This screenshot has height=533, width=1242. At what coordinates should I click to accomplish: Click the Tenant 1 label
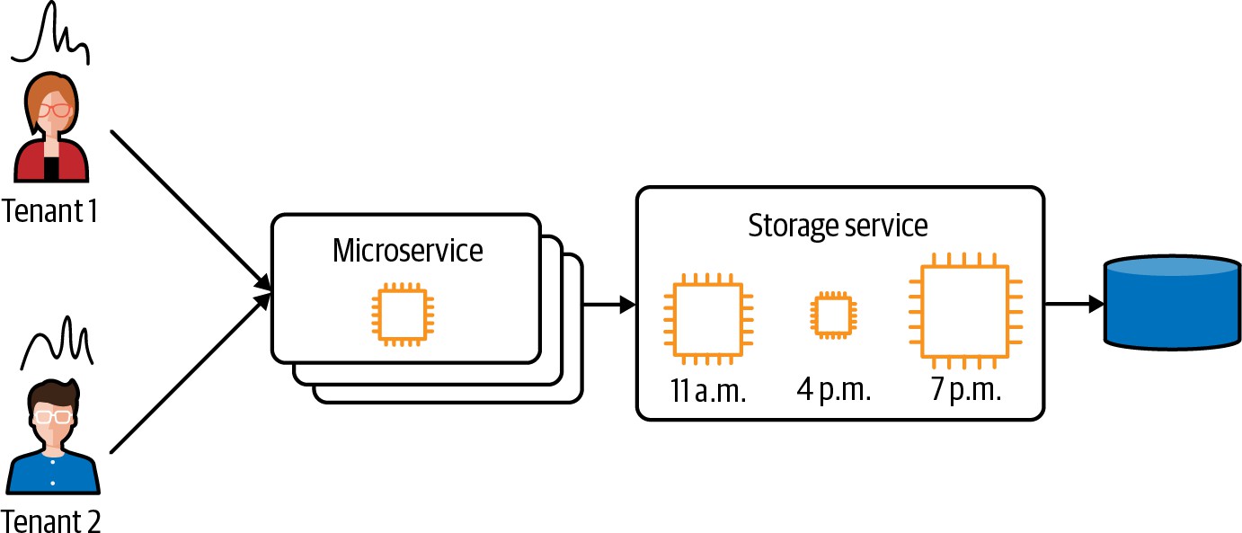[x=49, y=212]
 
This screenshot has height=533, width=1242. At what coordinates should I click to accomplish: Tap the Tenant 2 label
[x=51, y=520]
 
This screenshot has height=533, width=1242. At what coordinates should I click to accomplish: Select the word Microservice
[x=407, y=250]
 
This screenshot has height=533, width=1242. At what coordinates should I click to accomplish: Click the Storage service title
[x=838, y=225]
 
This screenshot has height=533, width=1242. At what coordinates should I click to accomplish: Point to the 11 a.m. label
[x=708, y=392]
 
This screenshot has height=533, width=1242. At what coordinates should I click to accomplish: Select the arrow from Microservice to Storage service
[x=609, y=306]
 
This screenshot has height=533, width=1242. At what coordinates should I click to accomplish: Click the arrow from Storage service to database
[x=1074, y=305]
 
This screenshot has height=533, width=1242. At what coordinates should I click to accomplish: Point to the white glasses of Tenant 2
[x=52, y=416]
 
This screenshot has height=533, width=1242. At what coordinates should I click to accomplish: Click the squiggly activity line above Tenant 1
[x=51, y=34]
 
